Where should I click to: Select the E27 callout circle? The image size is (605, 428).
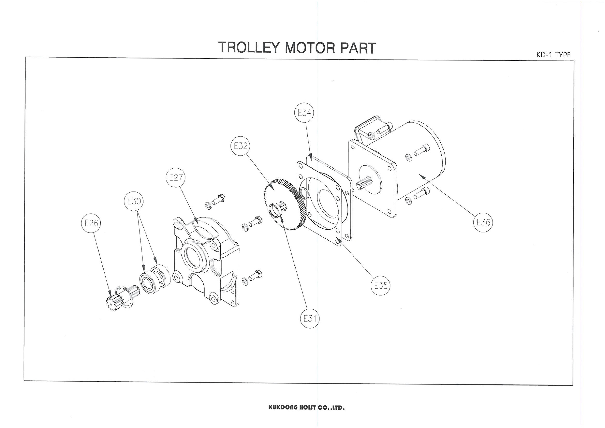pos(175,177)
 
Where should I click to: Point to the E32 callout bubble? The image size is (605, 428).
pos(240,146)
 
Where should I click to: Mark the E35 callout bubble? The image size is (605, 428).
pos(380,285)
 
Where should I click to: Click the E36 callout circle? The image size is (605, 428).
pos(483,222)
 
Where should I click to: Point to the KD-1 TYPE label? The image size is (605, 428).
pos(553,55)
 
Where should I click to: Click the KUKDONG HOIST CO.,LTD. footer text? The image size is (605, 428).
pos(306,407)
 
